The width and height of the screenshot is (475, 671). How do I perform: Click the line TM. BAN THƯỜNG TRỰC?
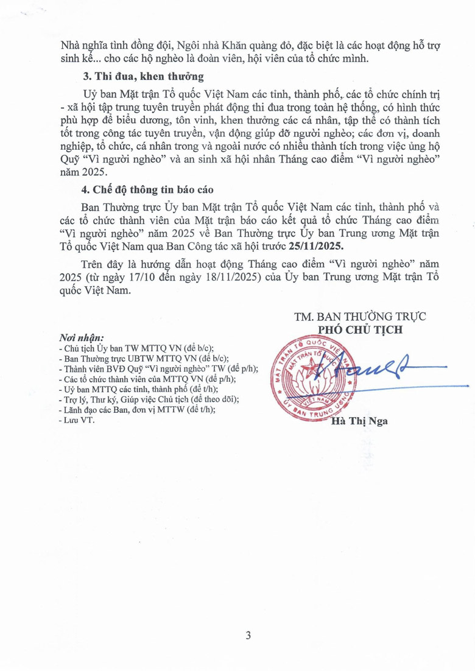359,317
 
